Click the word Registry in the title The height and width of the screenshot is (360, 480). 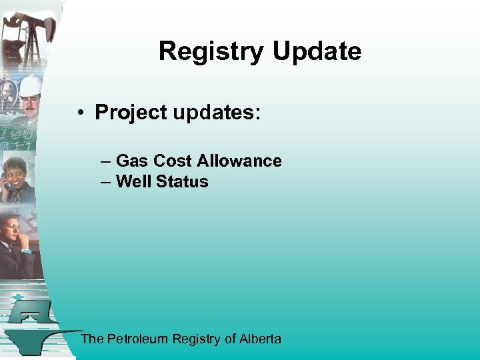click(209, 51)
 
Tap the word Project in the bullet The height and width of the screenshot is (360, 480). click(131, 112)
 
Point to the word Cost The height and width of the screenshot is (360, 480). click(172, 161)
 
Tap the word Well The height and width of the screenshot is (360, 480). click(132, 181)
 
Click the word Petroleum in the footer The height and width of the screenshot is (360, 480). click(138, 339)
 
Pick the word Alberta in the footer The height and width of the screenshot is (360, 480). click(261, 339)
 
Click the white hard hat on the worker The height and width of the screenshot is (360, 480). click(30, 85)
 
